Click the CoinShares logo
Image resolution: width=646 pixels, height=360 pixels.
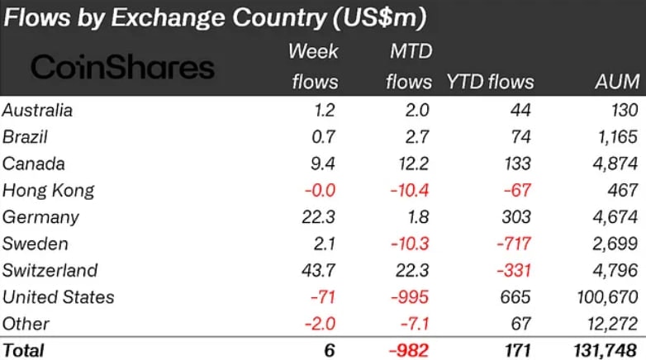[122, 68]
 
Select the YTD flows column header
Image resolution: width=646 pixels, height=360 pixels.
[490, 82]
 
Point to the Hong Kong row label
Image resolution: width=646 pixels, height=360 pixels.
[49, 191]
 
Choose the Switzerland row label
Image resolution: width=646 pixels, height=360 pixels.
[50, 270]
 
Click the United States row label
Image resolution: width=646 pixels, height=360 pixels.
[59, 297]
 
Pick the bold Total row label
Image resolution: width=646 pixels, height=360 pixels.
[24, 350]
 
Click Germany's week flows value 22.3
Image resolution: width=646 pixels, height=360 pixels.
[318, 217]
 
